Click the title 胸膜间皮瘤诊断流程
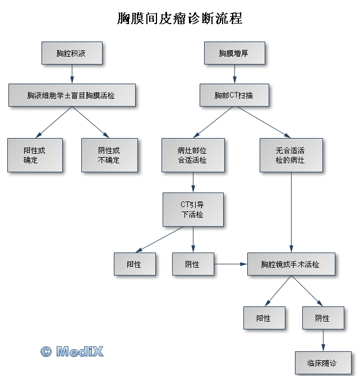(180, 18)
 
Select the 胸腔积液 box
(72, 53)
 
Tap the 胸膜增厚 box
(234, 53)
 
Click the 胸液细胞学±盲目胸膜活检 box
(72, 95)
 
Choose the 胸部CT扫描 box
(234, 95)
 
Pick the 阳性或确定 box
(35, 155)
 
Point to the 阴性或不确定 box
(109, 155)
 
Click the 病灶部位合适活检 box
(193, 155)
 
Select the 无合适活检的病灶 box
(291, 155)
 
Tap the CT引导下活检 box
(193, 209)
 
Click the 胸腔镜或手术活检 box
(291, 264)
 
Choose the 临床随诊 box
(323, 363)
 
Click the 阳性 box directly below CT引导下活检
(135, 264)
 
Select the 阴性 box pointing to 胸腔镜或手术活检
(193, 264)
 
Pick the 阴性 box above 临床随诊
(323, 318)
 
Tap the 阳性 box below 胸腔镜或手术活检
(264, 318)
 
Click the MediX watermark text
(80, 351)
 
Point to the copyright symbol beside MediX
(46, 352)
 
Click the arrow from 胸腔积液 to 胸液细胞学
(72, 74)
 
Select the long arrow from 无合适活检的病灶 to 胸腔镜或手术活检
(291, 212)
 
